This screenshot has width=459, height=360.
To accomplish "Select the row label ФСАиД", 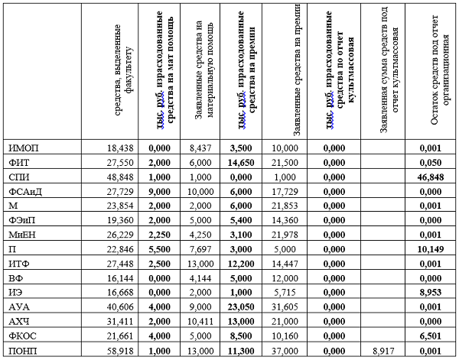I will (28, 191).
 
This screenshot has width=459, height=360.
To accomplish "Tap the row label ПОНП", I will (24, 351).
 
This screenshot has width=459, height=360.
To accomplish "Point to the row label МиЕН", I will (24, 235).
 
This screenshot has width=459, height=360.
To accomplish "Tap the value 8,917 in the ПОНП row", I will (385, 351).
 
